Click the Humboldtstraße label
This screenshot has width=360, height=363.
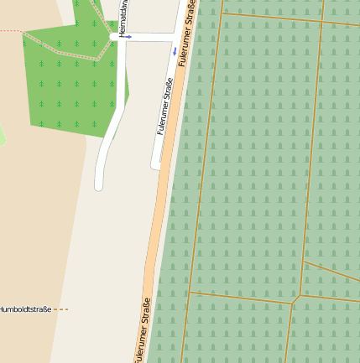point(25,309)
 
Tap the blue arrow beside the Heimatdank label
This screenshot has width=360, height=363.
point(128,37)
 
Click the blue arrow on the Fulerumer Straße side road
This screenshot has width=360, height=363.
point(174,51)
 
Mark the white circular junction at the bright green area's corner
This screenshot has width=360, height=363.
point(114,37)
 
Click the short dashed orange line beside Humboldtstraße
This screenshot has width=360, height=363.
point(61,309)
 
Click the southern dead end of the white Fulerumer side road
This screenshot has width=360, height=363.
point(155,166)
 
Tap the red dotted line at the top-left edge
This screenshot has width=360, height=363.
point(10,31)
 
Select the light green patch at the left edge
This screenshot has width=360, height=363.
point(2,134)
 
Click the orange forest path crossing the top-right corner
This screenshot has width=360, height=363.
point(285,18)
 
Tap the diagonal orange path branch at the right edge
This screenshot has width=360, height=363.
point(332,272)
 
